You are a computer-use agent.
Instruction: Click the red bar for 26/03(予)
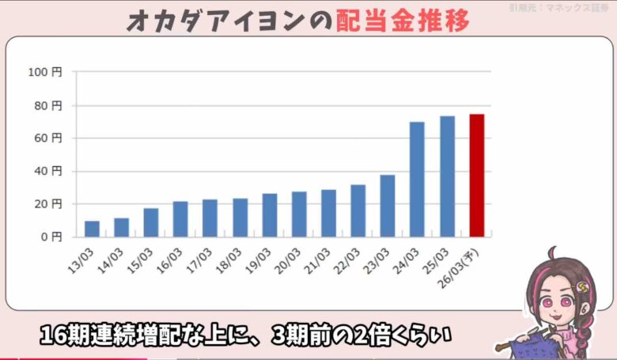tap(476, 176)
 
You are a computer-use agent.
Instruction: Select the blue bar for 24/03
tap(417, 180)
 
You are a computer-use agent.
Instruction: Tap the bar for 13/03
tap(92, 229)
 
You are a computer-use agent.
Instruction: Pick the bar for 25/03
tap(447, 176)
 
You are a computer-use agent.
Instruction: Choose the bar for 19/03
tap(270, 215)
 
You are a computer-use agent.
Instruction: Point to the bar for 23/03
tap(388, 206)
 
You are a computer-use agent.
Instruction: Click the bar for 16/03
tap(180, 219)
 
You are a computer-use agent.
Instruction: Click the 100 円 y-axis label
tap(44, 72)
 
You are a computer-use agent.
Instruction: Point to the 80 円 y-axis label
tap(47, 105)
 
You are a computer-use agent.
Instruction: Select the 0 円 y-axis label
tap(51, 237)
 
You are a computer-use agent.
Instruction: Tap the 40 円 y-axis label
tap(47, 171)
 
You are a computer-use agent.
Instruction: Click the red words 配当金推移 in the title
tap(403, 21)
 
